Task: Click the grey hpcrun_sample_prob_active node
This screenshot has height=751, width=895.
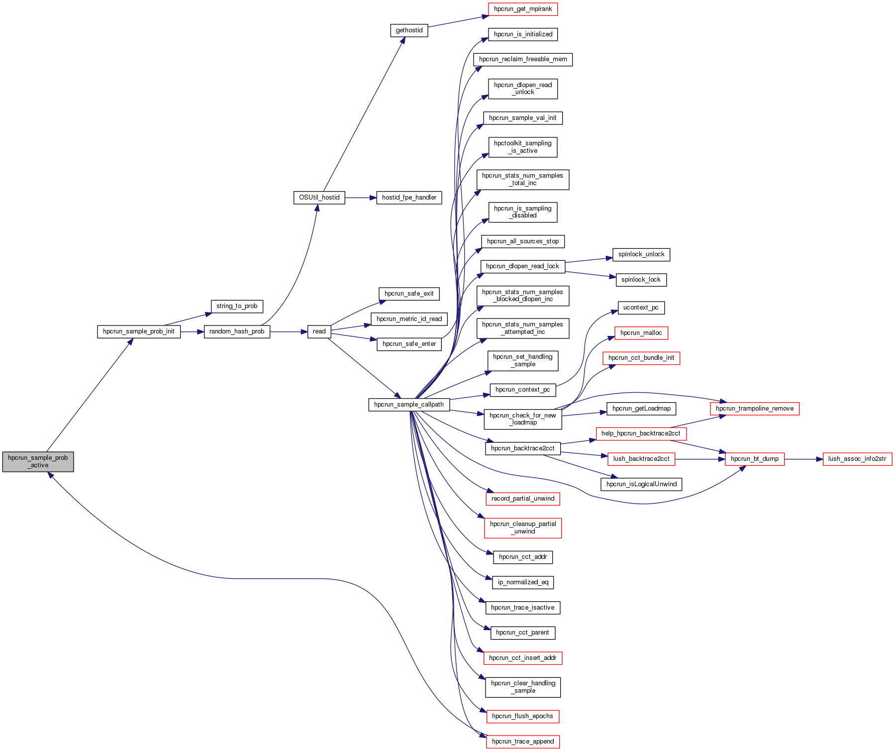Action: (38, 461)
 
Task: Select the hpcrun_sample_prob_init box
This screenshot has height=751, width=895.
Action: (138, 331)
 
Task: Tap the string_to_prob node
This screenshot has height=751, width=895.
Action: (237, 306)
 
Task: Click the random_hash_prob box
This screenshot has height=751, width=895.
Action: (237, 331)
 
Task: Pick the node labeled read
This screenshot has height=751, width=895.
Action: (319, 331)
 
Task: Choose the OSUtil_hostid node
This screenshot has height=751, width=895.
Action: (319, 198)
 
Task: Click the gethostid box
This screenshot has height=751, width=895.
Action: (409, 30)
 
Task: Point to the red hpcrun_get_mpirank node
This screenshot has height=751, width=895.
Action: (523, 9)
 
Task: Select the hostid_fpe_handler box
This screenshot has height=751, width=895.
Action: (409, 198)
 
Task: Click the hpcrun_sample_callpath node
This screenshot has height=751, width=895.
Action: (409, 405)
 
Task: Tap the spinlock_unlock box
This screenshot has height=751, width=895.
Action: (641, 254)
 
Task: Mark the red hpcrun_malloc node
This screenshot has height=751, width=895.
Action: (641, 333)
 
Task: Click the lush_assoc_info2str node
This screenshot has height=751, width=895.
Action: (857, 459)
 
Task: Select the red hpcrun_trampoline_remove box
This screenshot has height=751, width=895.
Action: (755, 409)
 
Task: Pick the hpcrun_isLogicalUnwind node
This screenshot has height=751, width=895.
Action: (641, 484)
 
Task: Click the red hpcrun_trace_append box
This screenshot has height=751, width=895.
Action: (523, 742)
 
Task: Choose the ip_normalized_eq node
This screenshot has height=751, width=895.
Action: (523, 582)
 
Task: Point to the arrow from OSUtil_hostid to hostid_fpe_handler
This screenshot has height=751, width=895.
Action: (360, 198)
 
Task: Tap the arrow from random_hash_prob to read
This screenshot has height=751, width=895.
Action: (289, 331)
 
